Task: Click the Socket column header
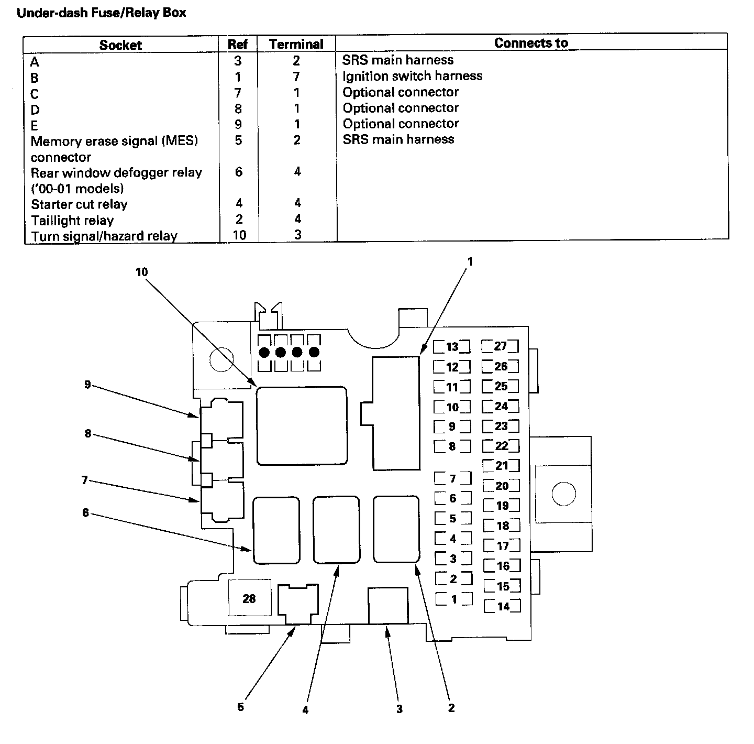pos(120,45)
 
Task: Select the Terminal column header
pos(296,44)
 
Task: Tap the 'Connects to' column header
pos(531,43)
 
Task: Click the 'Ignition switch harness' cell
pos(412,76)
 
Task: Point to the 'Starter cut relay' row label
pos(79,204)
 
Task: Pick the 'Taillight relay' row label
pos(72,220)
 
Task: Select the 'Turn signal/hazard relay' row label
pos(104,236)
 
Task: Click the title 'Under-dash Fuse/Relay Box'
pos(102,13)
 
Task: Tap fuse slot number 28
pos(249,598)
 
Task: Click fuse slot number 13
pos(452,347)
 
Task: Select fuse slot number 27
pos(501,346)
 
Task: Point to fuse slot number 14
pos(503,606)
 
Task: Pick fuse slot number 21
pos(502,465)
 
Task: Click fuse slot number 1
pos(454,599)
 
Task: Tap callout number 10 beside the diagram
pos(142,272)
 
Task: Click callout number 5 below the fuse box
pos(240,707)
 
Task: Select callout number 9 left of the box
pos(87,385)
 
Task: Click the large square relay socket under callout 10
pos(302,425)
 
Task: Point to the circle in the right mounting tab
pos(563,494)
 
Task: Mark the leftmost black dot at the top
pos(264,352)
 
